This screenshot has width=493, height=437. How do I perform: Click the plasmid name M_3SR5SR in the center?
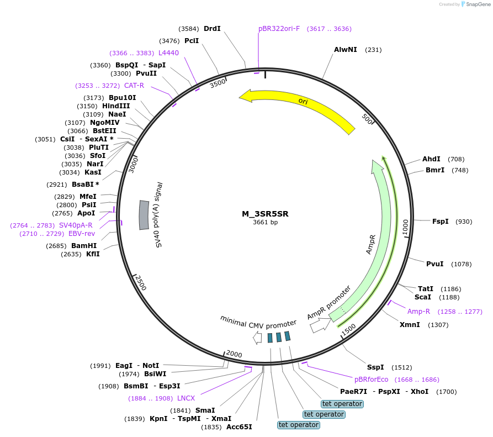(265, 214)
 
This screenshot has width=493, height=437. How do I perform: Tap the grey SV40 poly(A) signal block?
(144, 215)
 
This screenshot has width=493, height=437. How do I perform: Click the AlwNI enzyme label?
(346, 50)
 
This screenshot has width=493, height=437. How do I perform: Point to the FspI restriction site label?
(440, 222)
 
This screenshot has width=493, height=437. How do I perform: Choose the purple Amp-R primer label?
(418, 312)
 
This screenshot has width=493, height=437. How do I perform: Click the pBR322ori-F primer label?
(279, 29)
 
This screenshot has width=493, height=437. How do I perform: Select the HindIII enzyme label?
(116, 106)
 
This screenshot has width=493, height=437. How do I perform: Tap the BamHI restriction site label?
(83, 246)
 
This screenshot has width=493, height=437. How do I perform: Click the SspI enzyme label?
(375, 367)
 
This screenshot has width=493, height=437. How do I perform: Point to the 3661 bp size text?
(265, 223)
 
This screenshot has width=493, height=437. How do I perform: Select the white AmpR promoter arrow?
(319, 327)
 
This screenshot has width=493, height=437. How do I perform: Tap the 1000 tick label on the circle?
(405, 227)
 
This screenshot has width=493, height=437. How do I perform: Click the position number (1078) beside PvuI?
(461, 264)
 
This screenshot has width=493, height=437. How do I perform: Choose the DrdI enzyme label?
(212, 29)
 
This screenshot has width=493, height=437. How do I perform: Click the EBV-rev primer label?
(82, 234)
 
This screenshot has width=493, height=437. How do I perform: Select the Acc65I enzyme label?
(239, 427)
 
